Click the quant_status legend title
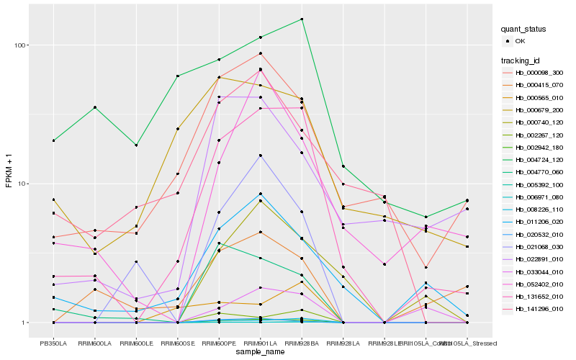coord(524,30)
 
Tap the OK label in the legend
coord(520,42)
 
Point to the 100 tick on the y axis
coord(20,45)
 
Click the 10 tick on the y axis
coord(22,184)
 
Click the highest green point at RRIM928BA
coord(302,19)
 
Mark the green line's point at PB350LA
coord(53,140)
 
